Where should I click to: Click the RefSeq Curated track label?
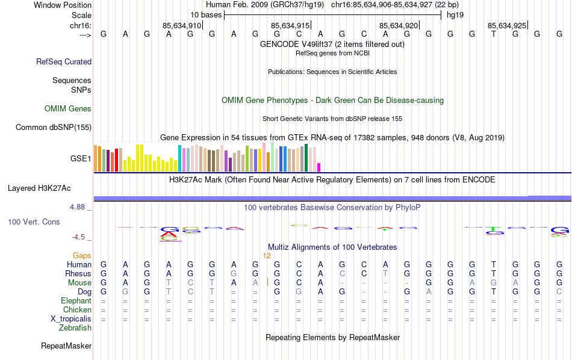point(64,61)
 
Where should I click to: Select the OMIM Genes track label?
point(68,109)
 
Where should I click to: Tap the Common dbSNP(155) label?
point(54,127)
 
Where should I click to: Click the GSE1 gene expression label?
point(81,159)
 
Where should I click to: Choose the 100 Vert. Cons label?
point(34,222)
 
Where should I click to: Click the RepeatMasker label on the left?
point(66,346)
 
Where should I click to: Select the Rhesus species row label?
point(78,274)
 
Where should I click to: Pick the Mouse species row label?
point(79,283)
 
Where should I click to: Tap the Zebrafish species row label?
point(75,328)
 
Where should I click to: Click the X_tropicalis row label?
point(72,319)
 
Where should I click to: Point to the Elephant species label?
point(76,301)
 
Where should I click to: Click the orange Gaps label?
point(82,256)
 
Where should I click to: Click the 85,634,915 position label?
point(290,26)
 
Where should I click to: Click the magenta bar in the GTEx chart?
point(319,167)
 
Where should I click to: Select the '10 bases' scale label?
point(206,15)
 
